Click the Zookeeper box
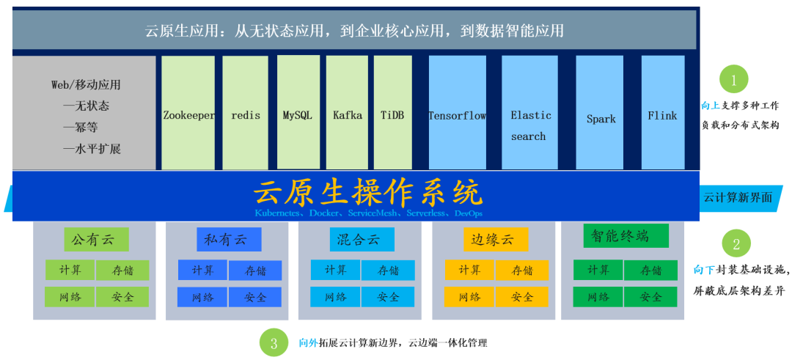[188, 113]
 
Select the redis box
[246, 113]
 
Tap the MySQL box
[298, 112]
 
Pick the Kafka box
[347, 113]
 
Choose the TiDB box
[393, 113]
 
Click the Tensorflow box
[457, 113]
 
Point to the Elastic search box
[529, 113]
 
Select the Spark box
[600, 113]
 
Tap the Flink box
[663, 113]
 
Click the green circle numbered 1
[733, 80]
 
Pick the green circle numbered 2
[736, 244]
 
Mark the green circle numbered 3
[274, 343]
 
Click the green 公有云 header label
[97, 239]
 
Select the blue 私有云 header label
[229, 239]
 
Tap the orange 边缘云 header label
[496, 239]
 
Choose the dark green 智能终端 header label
[626, 236]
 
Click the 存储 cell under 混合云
[388, 270]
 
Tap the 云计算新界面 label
[738, 197]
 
